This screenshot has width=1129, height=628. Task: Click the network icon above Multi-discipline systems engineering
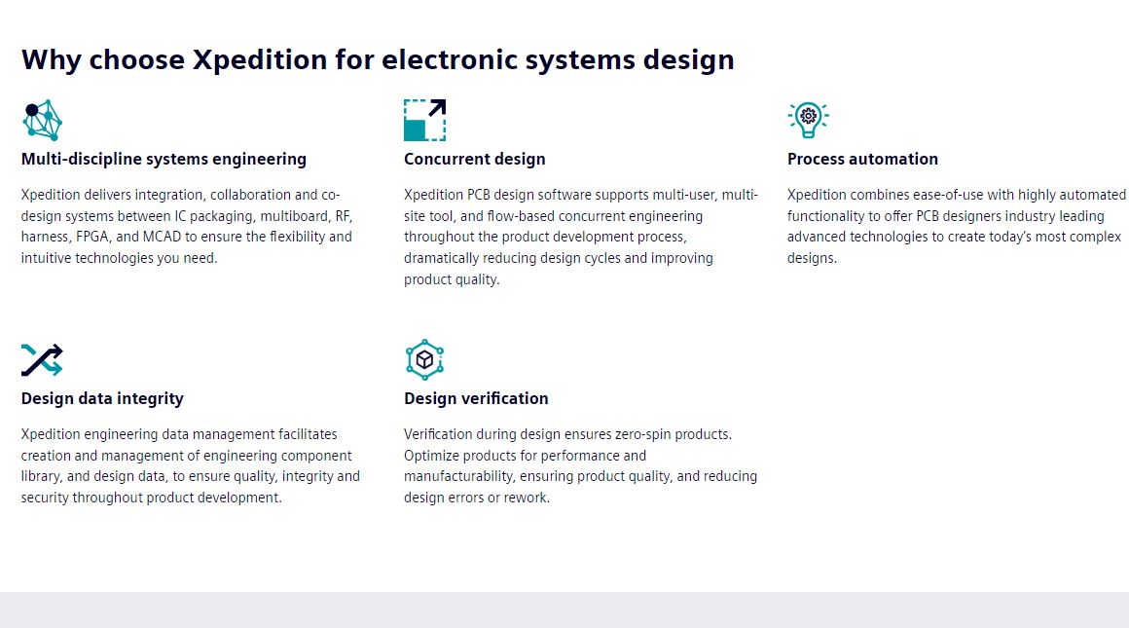[42, 120]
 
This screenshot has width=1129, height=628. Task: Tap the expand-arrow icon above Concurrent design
[424, 120]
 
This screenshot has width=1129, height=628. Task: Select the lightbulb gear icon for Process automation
[808, 120]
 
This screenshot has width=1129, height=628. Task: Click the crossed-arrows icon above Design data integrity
[42, 359]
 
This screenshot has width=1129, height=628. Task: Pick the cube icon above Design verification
[424, 359]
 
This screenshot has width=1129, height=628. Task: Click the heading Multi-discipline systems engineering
[164, 159]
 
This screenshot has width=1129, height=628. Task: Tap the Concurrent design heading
[475, 159]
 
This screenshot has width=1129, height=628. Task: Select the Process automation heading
[862, 159]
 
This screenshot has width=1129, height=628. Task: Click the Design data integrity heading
[102, 398]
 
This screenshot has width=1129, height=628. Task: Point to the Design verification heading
[476, 398]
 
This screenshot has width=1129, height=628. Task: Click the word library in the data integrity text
[41, 476]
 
